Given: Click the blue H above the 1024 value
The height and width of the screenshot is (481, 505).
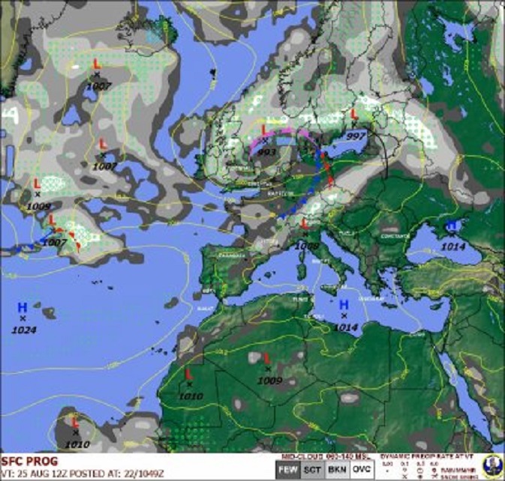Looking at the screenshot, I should click(x=23, y=307).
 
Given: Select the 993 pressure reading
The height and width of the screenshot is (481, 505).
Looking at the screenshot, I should click(x=267, y=151).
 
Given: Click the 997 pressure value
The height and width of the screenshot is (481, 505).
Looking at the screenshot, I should click(x=356, y=135).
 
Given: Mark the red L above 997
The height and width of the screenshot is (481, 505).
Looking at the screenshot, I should click(x=354, y=114).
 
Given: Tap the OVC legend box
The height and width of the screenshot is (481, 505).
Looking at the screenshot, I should click(x=362, y=469).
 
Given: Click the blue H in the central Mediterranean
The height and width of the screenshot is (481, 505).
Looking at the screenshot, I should click(x=344, y=304).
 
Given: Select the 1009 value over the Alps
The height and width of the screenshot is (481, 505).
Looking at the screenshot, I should click(x=308, y=244).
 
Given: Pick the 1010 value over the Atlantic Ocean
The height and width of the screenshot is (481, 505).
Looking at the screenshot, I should click(x=76, y=444).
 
